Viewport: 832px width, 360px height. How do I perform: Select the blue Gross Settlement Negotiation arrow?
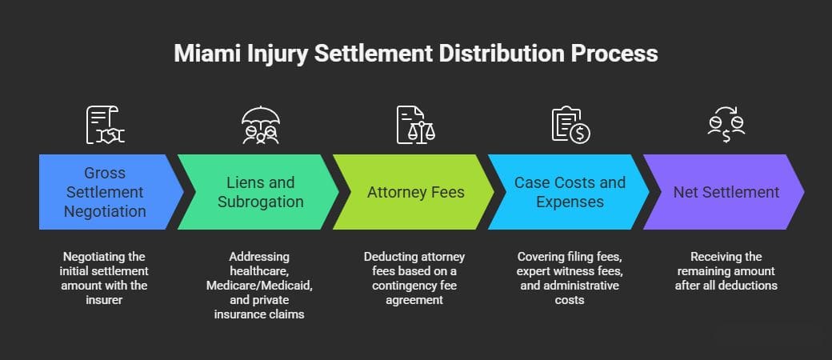click(104, 192)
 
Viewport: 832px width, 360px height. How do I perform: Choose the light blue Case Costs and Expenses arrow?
click(570, 192)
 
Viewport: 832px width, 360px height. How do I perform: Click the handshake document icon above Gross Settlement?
click(105, 125)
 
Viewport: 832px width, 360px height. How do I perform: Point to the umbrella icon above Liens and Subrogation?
click(259, 125)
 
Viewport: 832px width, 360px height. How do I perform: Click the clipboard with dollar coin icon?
click(570, 125)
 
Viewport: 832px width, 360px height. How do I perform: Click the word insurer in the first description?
click(105, 300)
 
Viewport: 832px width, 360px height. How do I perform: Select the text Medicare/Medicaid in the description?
click(259, 286)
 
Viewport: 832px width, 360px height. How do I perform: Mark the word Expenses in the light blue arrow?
click(570, 202)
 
